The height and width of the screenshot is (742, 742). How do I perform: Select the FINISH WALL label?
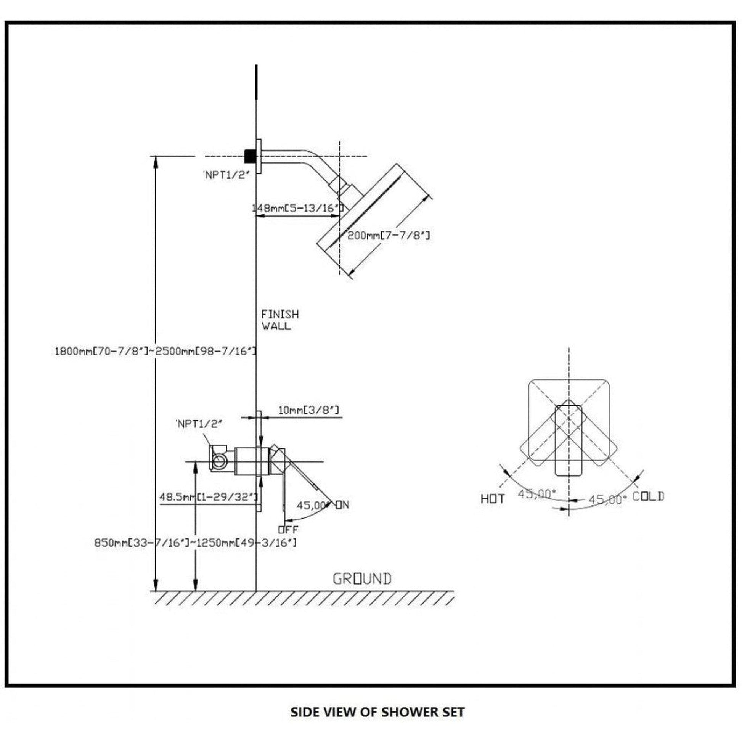click(x=279, y=320)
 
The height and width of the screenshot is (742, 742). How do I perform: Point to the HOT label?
click(x=492, y=499)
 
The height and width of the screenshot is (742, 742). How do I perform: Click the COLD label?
click(x=648, y=496)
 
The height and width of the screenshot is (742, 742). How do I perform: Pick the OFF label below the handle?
click(x=288, y=530)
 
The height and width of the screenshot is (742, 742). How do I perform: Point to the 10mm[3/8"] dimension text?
click(x=308, y=410)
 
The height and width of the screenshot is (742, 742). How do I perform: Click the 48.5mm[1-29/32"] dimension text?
click(x=208, y=497)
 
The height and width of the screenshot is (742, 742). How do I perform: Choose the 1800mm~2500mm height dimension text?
click(x=155, y=351)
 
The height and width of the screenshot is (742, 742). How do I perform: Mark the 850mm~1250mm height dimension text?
click(x=195, y=543)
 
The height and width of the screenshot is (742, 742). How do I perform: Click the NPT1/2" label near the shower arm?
click(x=226, y=175)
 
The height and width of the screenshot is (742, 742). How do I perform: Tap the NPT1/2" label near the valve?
click(x=199, y=424)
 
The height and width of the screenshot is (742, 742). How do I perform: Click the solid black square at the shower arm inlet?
click(x=251, y=156)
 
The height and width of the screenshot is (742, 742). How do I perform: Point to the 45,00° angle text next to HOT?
click(x=536, y=494)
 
